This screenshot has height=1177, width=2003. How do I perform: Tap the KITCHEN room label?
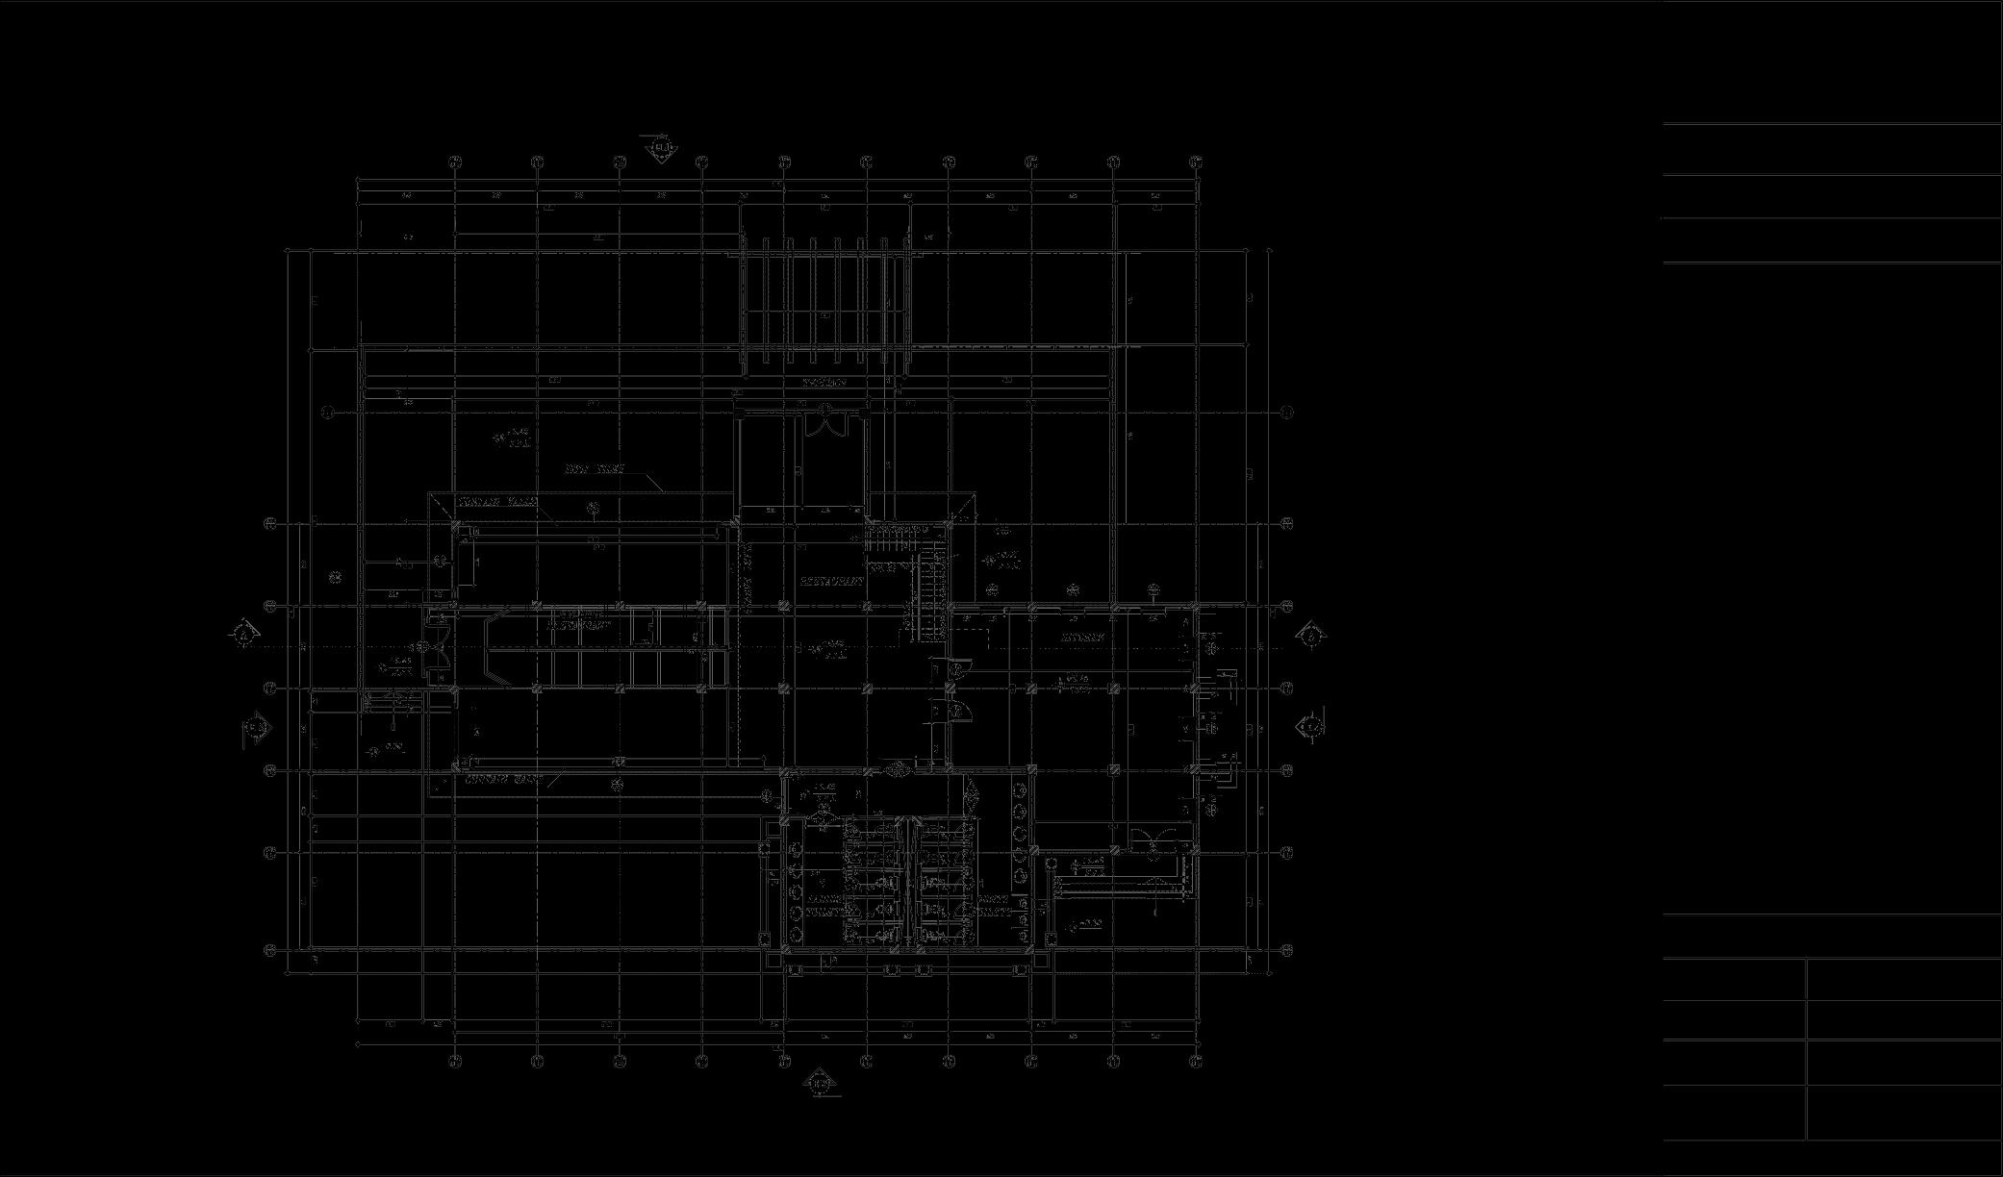point(1082,638)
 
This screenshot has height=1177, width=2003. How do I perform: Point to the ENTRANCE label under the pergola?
point(824,383)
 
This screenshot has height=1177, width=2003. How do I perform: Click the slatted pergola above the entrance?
point(824,303)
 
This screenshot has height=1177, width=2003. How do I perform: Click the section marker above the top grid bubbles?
point(661,149)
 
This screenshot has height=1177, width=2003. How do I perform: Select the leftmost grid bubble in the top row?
point(456,162)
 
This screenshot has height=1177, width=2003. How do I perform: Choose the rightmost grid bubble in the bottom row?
point(1196,1061)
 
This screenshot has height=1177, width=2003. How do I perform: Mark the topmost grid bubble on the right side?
point(1287,413)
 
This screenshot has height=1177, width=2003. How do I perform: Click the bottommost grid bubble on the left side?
point(271,951)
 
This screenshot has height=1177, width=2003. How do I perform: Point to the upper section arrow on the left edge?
point(244,635)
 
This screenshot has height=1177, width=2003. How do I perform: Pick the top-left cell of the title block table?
point(1735,979)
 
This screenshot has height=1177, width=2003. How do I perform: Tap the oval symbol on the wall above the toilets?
point(899,768)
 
